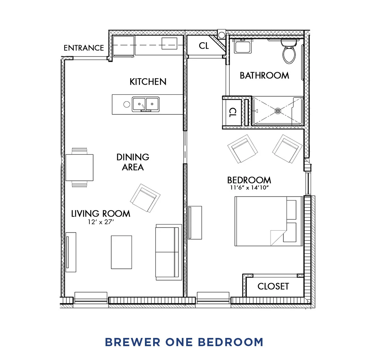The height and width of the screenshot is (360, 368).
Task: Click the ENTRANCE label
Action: click(x=83, y=48)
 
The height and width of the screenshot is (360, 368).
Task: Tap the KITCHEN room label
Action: click(x=148, y=82)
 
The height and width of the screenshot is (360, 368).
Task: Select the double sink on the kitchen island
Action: click(x=146, y=104)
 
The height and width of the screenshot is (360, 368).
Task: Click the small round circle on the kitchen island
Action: click(x=127, y=104)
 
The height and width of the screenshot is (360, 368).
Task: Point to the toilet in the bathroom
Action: click(x=289, y=52)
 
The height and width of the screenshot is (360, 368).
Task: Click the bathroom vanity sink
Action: click(x=242, y=47)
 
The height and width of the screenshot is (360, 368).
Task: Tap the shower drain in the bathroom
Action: click(x=278, y=111)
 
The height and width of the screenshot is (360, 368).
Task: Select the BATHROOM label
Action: click(x=264, y=76)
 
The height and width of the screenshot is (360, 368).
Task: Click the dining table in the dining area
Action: click(x=79, y=167)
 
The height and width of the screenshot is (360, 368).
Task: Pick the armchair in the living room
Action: click(x=145, y=198)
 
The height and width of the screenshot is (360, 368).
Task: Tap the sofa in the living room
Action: click(x=169, y=252)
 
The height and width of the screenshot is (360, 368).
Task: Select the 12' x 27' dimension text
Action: click(x=101, y=222)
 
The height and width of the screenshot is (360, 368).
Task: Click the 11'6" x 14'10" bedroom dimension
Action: click(x=249, y=188)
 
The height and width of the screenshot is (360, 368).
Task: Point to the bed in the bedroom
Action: click(x=268, y=221)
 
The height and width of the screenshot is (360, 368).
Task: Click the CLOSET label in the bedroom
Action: click(x=273, y=286)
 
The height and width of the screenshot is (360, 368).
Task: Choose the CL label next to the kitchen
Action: click(x=204, y=46)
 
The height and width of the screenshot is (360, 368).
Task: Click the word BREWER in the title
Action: click(x=133, y=342)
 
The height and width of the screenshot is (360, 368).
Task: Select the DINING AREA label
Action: click(x=133, y=162)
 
